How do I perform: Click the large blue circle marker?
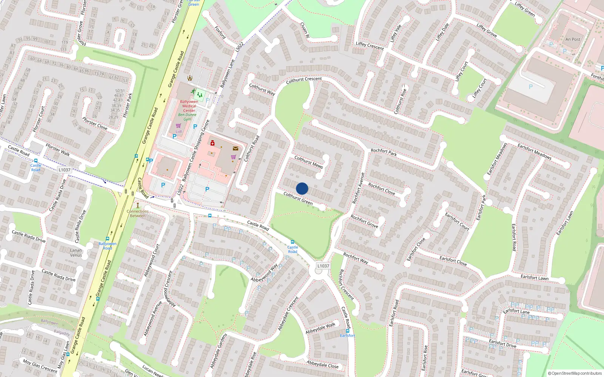pyautogui.click(x=302, y=188)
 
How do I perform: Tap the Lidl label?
pyautogui.click(x=179, y=132)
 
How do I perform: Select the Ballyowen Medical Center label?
pyautogui.click(x=189, y=106)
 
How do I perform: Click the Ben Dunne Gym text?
pyautogui.click(x=187, y=117)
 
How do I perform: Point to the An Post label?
pyautogui.click(x=573, y=39)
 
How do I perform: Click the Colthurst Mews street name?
pyautogui.click(x=308, y=162)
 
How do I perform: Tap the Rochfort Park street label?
pyautogui.click(x=384, y=152)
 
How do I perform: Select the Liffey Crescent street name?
pyautogui.click(x=370, y=46)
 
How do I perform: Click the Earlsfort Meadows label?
pyautogui.click(x=534, y=152)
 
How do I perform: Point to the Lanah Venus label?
pyautogui.click(x=76, y=253)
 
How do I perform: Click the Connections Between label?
pyautogui.click(x=137, y=213)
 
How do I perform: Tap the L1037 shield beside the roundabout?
pyautogui.click(x=323, y=266)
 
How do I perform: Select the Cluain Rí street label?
pyautogui.click(x=305, y=29)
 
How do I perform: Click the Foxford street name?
pyautogui.click(x=220, y=33)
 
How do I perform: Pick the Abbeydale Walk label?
pyautogui.click(x=320, y=328)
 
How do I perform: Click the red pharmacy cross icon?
pyautogui.click(x=213, y=143)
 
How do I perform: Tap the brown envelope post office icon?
pyautogui.click(x=236, y=149)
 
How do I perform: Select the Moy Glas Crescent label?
pyautogui.click(x=40, y=366)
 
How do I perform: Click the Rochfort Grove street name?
pyautogui.click(x=364, y=221)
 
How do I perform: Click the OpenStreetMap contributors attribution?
pyautogui.click(x=575, y=373)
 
